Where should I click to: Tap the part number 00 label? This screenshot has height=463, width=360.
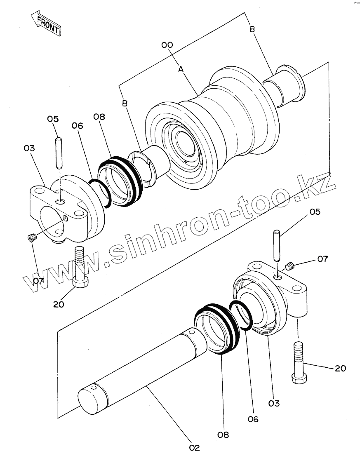click(x=167, y=45)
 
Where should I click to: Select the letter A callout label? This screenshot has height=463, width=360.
click(x=181, y=70)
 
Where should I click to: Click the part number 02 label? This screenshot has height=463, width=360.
click(x=194, y=448)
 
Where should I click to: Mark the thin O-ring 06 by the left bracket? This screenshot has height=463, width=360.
click(x=101, y=193)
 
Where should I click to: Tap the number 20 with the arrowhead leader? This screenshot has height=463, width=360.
click(x=340, y=368)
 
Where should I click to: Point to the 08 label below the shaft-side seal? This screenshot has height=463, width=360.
click(x=224, y=434)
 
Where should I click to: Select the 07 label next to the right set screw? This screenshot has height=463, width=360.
click(x=322, y=259)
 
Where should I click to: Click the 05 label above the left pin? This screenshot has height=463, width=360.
click(x=53, y=119)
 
